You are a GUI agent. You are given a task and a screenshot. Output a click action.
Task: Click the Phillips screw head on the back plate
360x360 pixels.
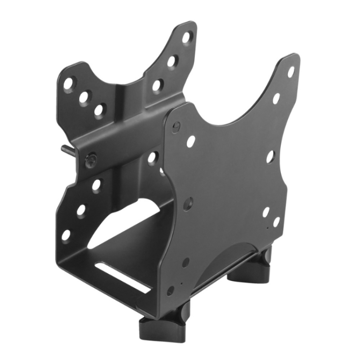click(91, 159)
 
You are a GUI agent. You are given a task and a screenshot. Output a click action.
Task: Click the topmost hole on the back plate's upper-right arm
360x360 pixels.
click(187, 37)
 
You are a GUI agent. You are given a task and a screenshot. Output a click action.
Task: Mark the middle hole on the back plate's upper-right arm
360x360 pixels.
click(171, 61)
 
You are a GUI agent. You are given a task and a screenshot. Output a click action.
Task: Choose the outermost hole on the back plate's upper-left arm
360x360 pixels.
click(68, 84)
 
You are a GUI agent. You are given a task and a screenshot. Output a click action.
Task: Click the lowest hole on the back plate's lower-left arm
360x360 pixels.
click(66, 235)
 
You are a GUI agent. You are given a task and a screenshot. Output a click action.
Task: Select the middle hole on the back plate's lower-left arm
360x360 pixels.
click(81, 210)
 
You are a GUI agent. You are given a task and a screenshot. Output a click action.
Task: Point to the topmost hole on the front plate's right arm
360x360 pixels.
click(291, 72)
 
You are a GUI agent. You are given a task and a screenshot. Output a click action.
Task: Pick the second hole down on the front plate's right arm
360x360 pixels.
click(276, 98)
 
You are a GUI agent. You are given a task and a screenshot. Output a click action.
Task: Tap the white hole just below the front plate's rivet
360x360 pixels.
click(191, 141)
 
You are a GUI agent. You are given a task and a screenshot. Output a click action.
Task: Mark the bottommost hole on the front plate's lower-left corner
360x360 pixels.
click(171, 290)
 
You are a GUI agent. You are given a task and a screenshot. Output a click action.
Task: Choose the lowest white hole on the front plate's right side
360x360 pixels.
click(276, 222)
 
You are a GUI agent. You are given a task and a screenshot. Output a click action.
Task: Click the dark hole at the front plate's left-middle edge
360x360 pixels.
click(188, 203)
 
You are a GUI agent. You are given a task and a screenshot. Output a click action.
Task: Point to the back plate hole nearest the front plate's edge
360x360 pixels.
click(153, 157)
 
